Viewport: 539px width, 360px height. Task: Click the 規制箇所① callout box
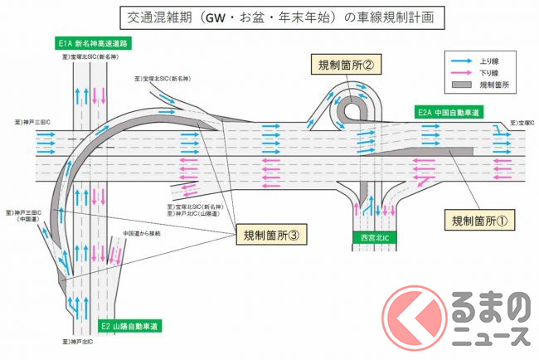click(483, 221)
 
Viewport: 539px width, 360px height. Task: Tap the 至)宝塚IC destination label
click(523, 122)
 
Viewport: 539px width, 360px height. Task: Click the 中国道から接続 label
click(141, 233)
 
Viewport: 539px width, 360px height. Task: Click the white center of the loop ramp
click(353, 108)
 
